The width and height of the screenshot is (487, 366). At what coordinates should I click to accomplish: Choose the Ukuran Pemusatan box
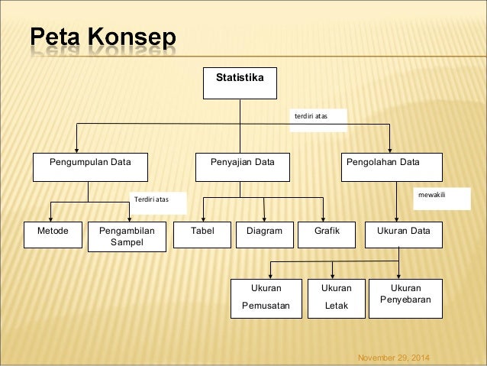pyautogui.click(x=266, y=297)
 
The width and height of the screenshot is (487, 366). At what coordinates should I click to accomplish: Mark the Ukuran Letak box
pyautogui.click(x=336, y=297)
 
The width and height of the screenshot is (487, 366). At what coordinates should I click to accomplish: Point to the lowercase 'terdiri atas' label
pyautogui.click(x=311, y=117)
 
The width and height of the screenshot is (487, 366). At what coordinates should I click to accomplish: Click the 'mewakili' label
pyautogui.click(x=431, y=196)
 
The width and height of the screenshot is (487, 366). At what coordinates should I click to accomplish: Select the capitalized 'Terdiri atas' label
pyautogui.click(x=150, y=200)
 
